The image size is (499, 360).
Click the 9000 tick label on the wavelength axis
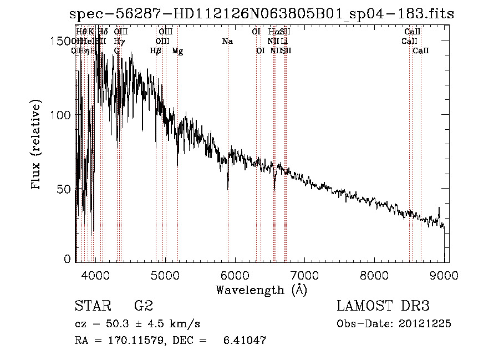click(444, 275)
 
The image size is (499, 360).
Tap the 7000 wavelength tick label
click(305, 275)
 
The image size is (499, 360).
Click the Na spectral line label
click(227, 42)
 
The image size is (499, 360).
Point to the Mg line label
click(177, 51)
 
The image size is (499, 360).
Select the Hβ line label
click(156, 51)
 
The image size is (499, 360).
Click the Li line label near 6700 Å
click(284, 42)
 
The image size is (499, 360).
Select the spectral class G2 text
click(143, 306)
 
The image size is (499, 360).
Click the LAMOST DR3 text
click(383, 306)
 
